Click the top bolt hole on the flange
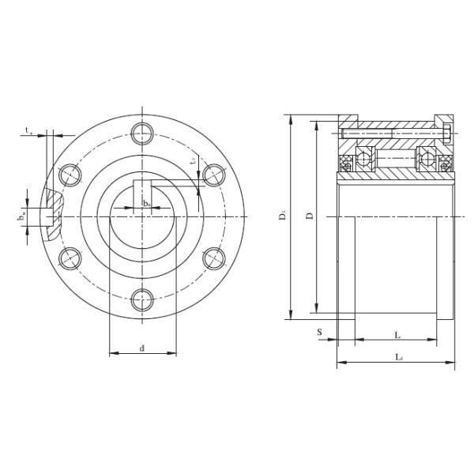141,132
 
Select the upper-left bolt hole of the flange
70,173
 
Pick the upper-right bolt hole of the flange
213,173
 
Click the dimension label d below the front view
141,347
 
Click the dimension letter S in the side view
320,333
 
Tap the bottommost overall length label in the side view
398,357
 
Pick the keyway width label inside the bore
146,204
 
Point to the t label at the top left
28,131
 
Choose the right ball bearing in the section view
427,160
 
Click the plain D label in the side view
310,216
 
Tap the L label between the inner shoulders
397,333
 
